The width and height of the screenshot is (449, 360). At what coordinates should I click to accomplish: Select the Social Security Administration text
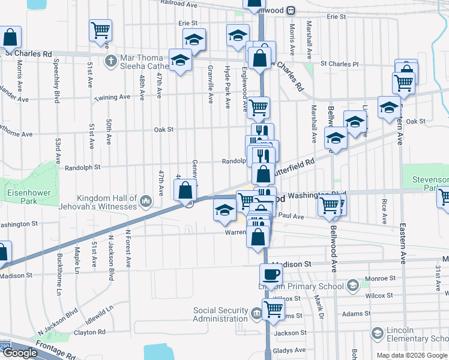(220, 314)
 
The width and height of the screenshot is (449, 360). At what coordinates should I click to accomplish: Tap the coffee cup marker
(270, 274)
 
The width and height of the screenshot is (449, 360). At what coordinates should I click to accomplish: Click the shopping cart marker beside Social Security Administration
(273, 309)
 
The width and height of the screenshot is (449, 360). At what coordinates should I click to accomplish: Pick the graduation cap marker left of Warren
(224, 209)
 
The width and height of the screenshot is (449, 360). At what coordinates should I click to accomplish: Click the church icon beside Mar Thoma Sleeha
(110, 61)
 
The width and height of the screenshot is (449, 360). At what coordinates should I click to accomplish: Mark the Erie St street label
(187, 23)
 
